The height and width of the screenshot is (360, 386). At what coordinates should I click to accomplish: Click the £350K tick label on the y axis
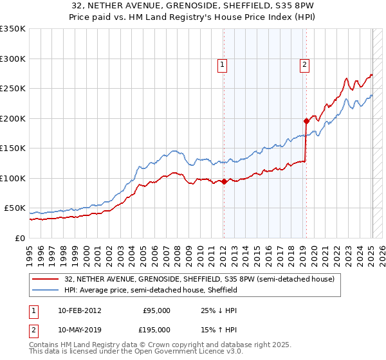tap(13, 29)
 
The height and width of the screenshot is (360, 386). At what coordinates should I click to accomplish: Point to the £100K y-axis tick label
tap(13, 178)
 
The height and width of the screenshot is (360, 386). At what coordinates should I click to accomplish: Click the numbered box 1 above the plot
tap(222, 64)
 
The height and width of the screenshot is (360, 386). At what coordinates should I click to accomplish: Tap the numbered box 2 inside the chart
tap(304, 64)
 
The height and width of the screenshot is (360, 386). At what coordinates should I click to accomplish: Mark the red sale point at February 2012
tap(224, 181)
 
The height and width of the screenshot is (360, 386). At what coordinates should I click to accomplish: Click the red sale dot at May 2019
tap(306, 121)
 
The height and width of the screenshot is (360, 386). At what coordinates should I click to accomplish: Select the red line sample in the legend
tap(46, 280)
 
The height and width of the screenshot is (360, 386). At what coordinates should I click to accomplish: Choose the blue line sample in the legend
tap(46, 290)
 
